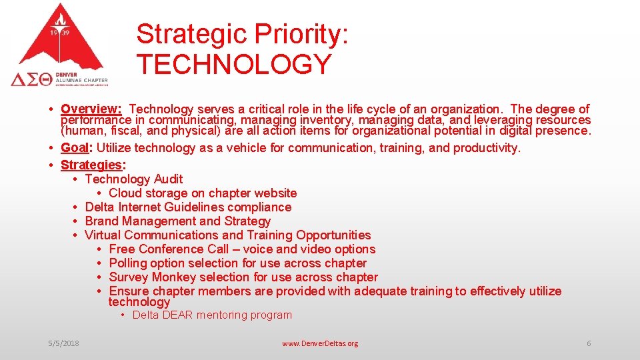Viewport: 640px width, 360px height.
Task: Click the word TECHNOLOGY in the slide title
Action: click(234, 64)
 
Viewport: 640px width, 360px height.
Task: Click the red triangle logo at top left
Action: click(60, 40)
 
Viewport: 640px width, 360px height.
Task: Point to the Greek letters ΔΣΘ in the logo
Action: click(31, 79)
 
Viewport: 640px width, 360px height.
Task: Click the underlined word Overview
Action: click(89, 109)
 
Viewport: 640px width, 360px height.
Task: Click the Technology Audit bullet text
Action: click(134, 179)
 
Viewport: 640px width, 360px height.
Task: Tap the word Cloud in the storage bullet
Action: click(126, 193)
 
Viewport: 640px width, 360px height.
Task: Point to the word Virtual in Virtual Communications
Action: click(103, 235)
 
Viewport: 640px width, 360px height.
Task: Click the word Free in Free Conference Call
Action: click(122, 249)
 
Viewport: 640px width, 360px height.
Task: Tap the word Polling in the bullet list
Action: click(129, 263)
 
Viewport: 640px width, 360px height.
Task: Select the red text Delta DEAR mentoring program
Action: click(212, 315)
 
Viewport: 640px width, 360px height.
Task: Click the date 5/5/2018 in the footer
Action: click(63, 343)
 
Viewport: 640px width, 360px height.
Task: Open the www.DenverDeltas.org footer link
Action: click(320, 343)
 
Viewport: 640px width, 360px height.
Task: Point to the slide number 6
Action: click(589, 343)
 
